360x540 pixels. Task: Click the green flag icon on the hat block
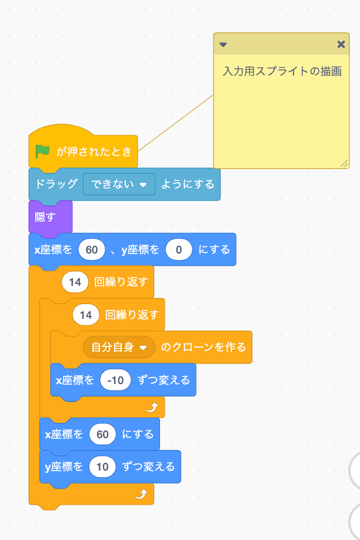[42, 152]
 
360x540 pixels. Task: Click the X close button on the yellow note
[341, 45]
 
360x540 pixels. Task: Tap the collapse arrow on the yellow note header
[223, 45]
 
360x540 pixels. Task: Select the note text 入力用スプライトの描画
[282, 72]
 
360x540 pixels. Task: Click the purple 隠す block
[45, 216]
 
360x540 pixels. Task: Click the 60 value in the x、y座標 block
[91, 249]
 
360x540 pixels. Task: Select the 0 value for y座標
[179, 249]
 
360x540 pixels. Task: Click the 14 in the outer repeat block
[75, 282]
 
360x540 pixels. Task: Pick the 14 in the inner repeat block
[86, 315]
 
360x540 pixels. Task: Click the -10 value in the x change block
[115, 380]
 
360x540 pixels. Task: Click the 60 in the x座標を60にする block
[102, 434]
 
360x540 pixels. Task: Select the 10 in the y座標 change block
[102, 466]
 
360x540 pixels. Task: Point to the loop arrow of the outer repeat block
[140, 495]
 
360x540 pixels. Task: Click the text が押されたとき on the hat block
[94, 152]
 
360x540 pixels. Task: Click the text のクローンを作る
[204, 347]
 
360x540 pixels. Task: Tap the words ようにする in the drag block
[188, 184]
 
